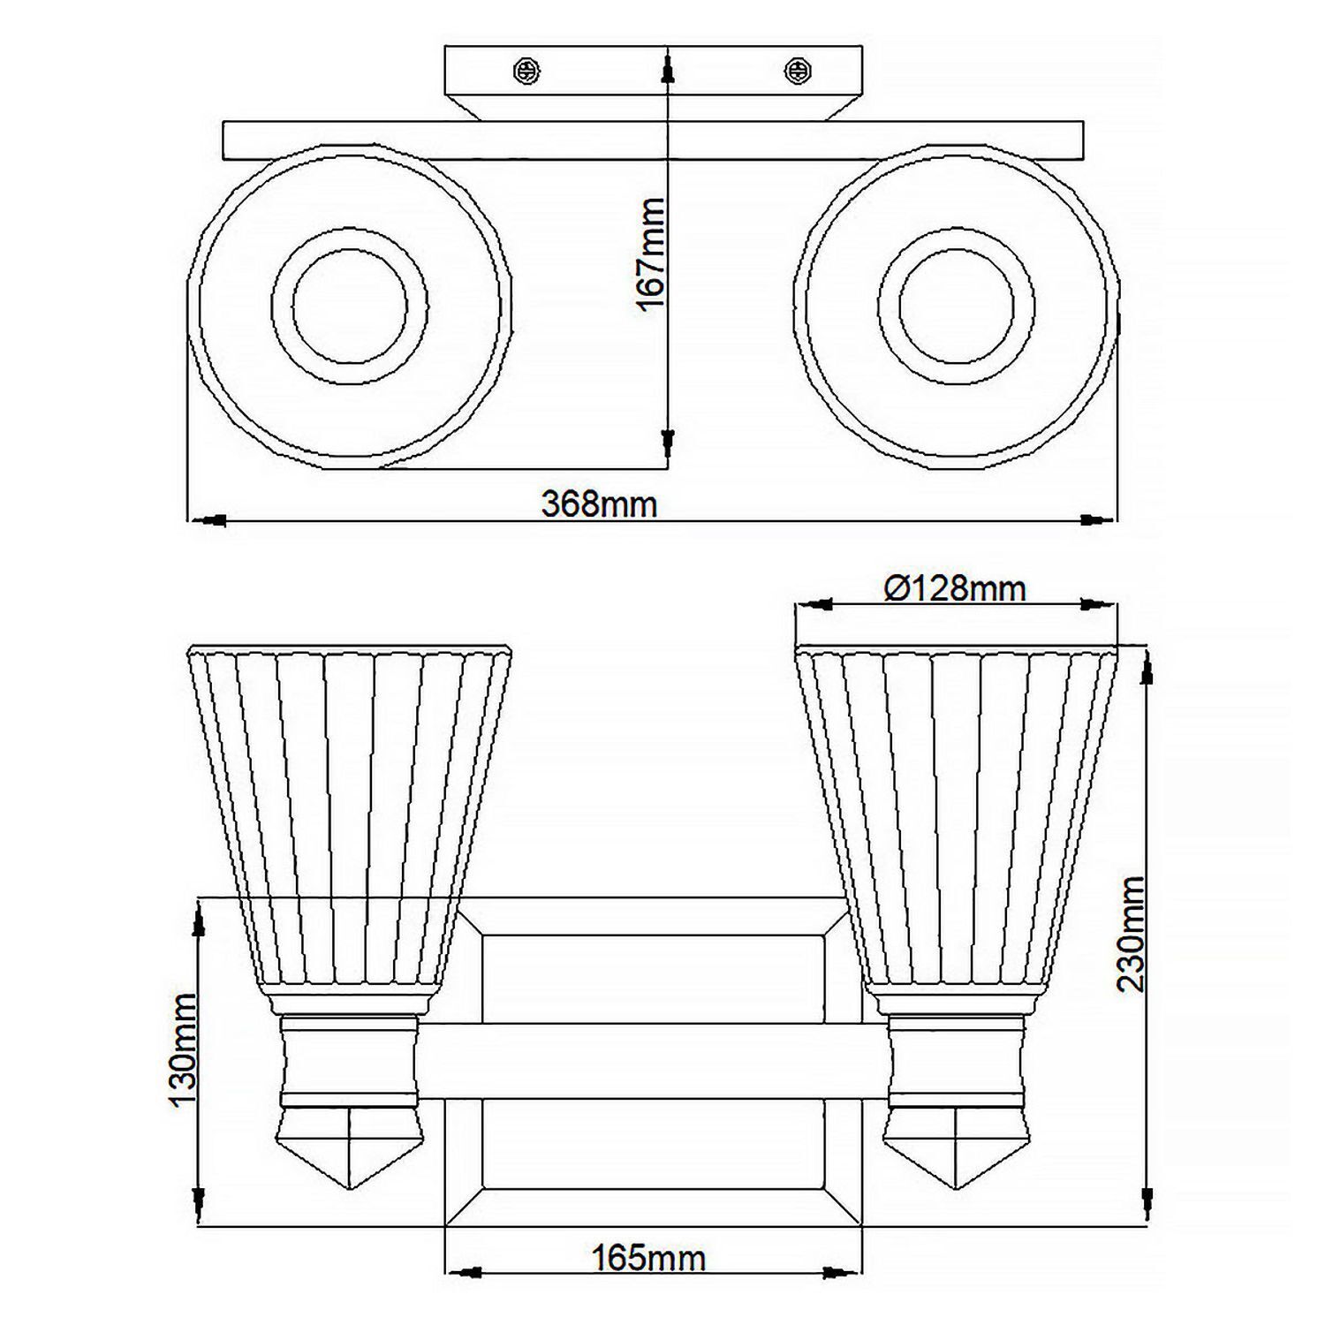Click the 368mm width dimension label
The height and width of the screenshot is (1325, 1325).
pyautogui.click(x=599, y=504)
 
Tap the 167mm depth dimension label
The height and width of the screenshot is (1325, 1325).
pyautogui.click(x=651, y=254)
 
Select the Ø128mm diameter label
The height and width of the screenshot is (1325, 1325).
pyautogui.click(x=955, y=588)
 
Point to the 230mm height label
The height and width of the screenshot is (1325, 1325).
pyautogui.click(x=1132, y=934)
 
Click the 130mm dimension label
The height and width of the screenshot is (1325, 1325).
pyautogui.click(x=183, y=1049)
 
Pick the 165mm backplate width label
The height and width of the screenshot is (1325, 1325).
pyautogui.click(x=648, y=1258)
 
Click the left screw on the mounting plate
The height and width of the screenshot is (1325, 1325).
pyautogui.click(x=527, y=71)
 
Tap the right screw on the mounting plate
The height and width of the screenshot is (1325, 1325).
pyautogui.click(x=798, y=71)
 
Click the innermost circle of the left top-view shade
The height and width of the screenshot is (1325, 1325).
pyautogui.click(x=350, y=307)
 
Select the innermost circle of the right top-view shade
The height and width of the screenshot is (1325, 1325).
pyautogui.click(x=956, y=307)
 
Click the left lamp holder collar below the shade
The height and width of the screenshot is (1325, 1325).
pyautogui.click(x=350, y=1060)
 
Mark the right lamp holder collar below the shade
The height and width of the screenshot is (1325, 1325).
pyautogui.click(x=957, y=1060)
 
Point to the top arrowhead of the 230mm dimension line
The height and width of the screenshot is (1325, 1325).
pyautogui.click(x=1147, y=664)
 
